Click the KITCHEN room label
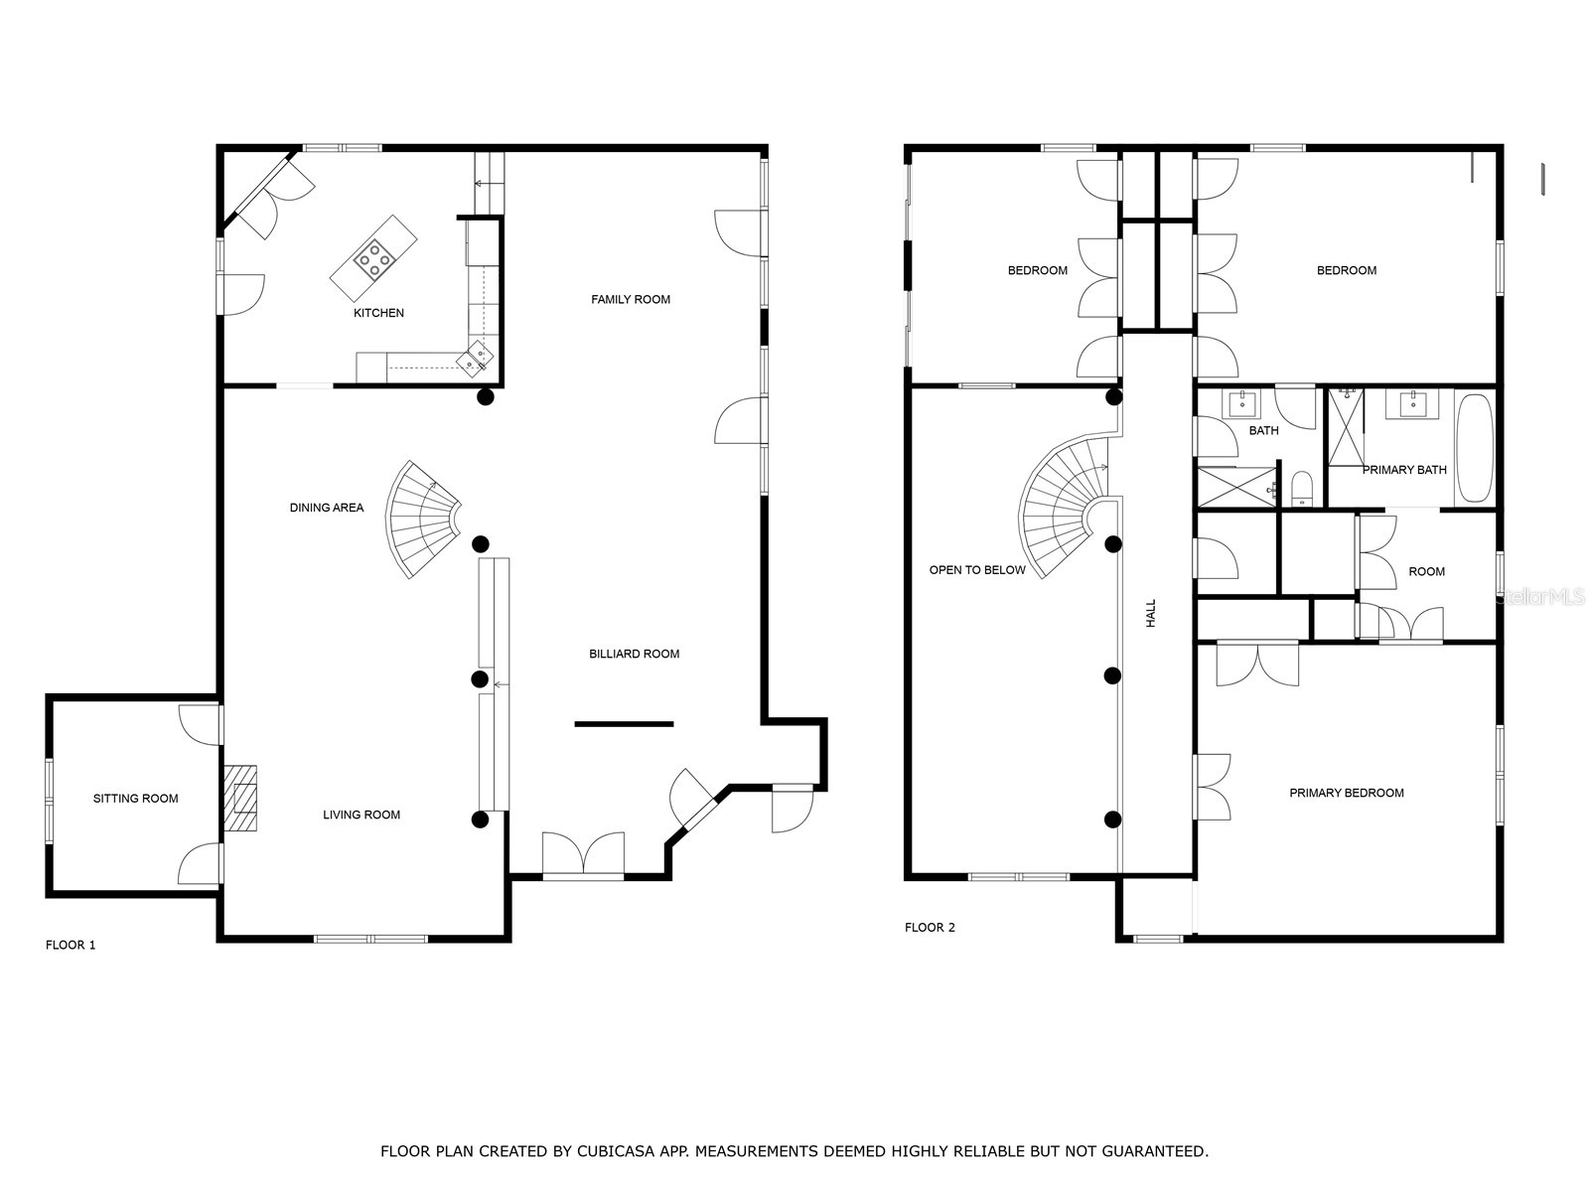pos(378,313)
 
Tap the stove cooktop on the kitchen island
pos(373,258)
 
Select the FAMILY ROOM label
pos(631,299)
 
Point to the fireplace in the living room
pos(240,798)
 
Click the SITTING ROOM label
pos(136,798)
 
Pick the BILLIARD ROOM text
pos(634,654)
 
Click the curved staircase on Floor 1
pos(421,520)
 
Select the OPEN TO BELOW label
pos(977,570)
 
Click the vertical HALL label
pos(1151,612)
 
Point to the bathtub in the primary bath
pos(1474,449)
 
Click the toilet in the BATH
pos(1303,489)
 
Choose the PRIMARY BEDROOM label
pos(1347,793)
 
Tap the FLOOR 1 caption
pos(71,945)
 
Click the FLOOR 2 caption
pos(930,927)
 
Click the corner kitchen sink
pos(476,356)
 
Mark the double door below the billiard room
pos(583,854)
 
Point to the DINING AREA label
pos(327,508)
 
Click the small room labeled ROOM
pos(1426,572)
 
